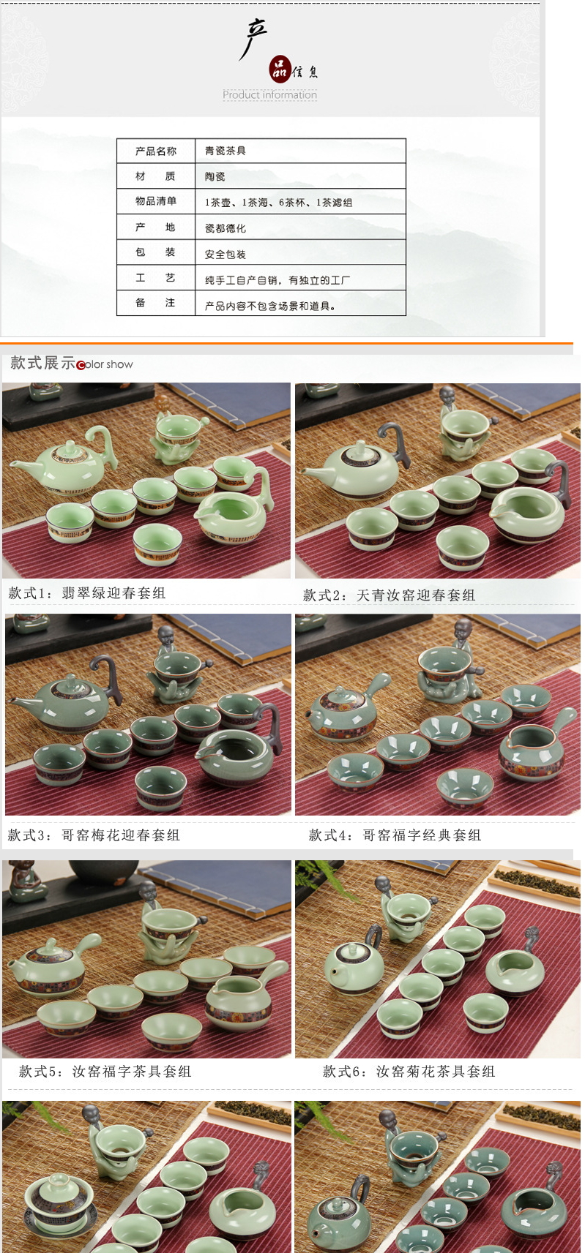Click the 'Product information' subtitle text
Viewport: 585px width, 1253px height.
click(x=270, y=94)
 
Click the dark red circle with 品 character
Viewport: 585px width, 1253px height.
click(x=280, y=68)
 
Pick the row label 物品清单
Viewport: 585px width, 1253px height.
click(x=156, y=201)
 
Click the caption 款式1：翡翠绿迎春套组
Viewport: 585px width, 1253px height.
click(x=87, y=593)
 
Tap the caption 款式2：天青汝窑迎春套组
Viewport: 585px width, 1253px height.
click(x=389, y=595)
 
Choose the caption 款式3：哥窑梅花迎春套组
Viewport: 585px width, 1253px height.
click(x=94, y=835)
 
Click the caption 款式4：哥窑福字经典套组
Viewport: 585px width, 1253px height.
click(x=395, y=835)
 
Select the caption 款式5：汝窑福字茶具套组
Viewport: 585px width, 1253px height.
click(x=105, y=1071)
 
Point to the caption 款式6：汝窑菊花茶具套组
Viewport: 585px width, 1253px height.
click(x=409, y=1071)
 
